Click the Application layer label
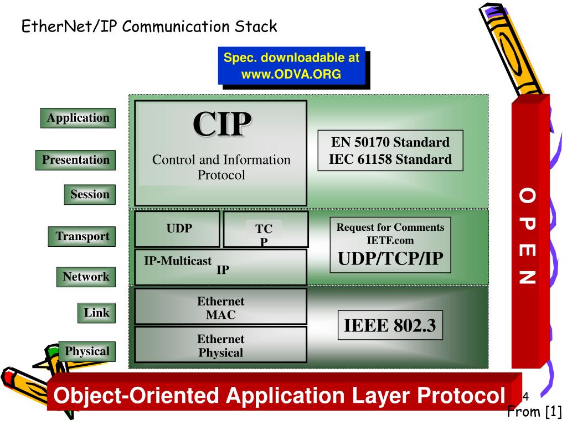coord(78,118)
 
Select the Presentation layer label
coord(76,160)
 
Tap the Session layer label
coord(90,195)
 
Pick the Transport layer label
coord(82,236)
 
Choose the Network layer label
coord(86,277)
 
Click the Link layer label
coord(96,313)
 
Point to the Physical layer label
coord(87,351)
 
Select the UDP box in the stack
coord(178,229)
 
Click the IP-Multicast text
coord(178,261)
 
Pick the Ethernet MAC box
coord(220,308)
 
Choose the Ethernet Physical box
coord(220,345)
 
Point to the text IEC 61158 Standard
coord(390,160)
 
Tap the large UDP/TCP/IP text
coord(390,258)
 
